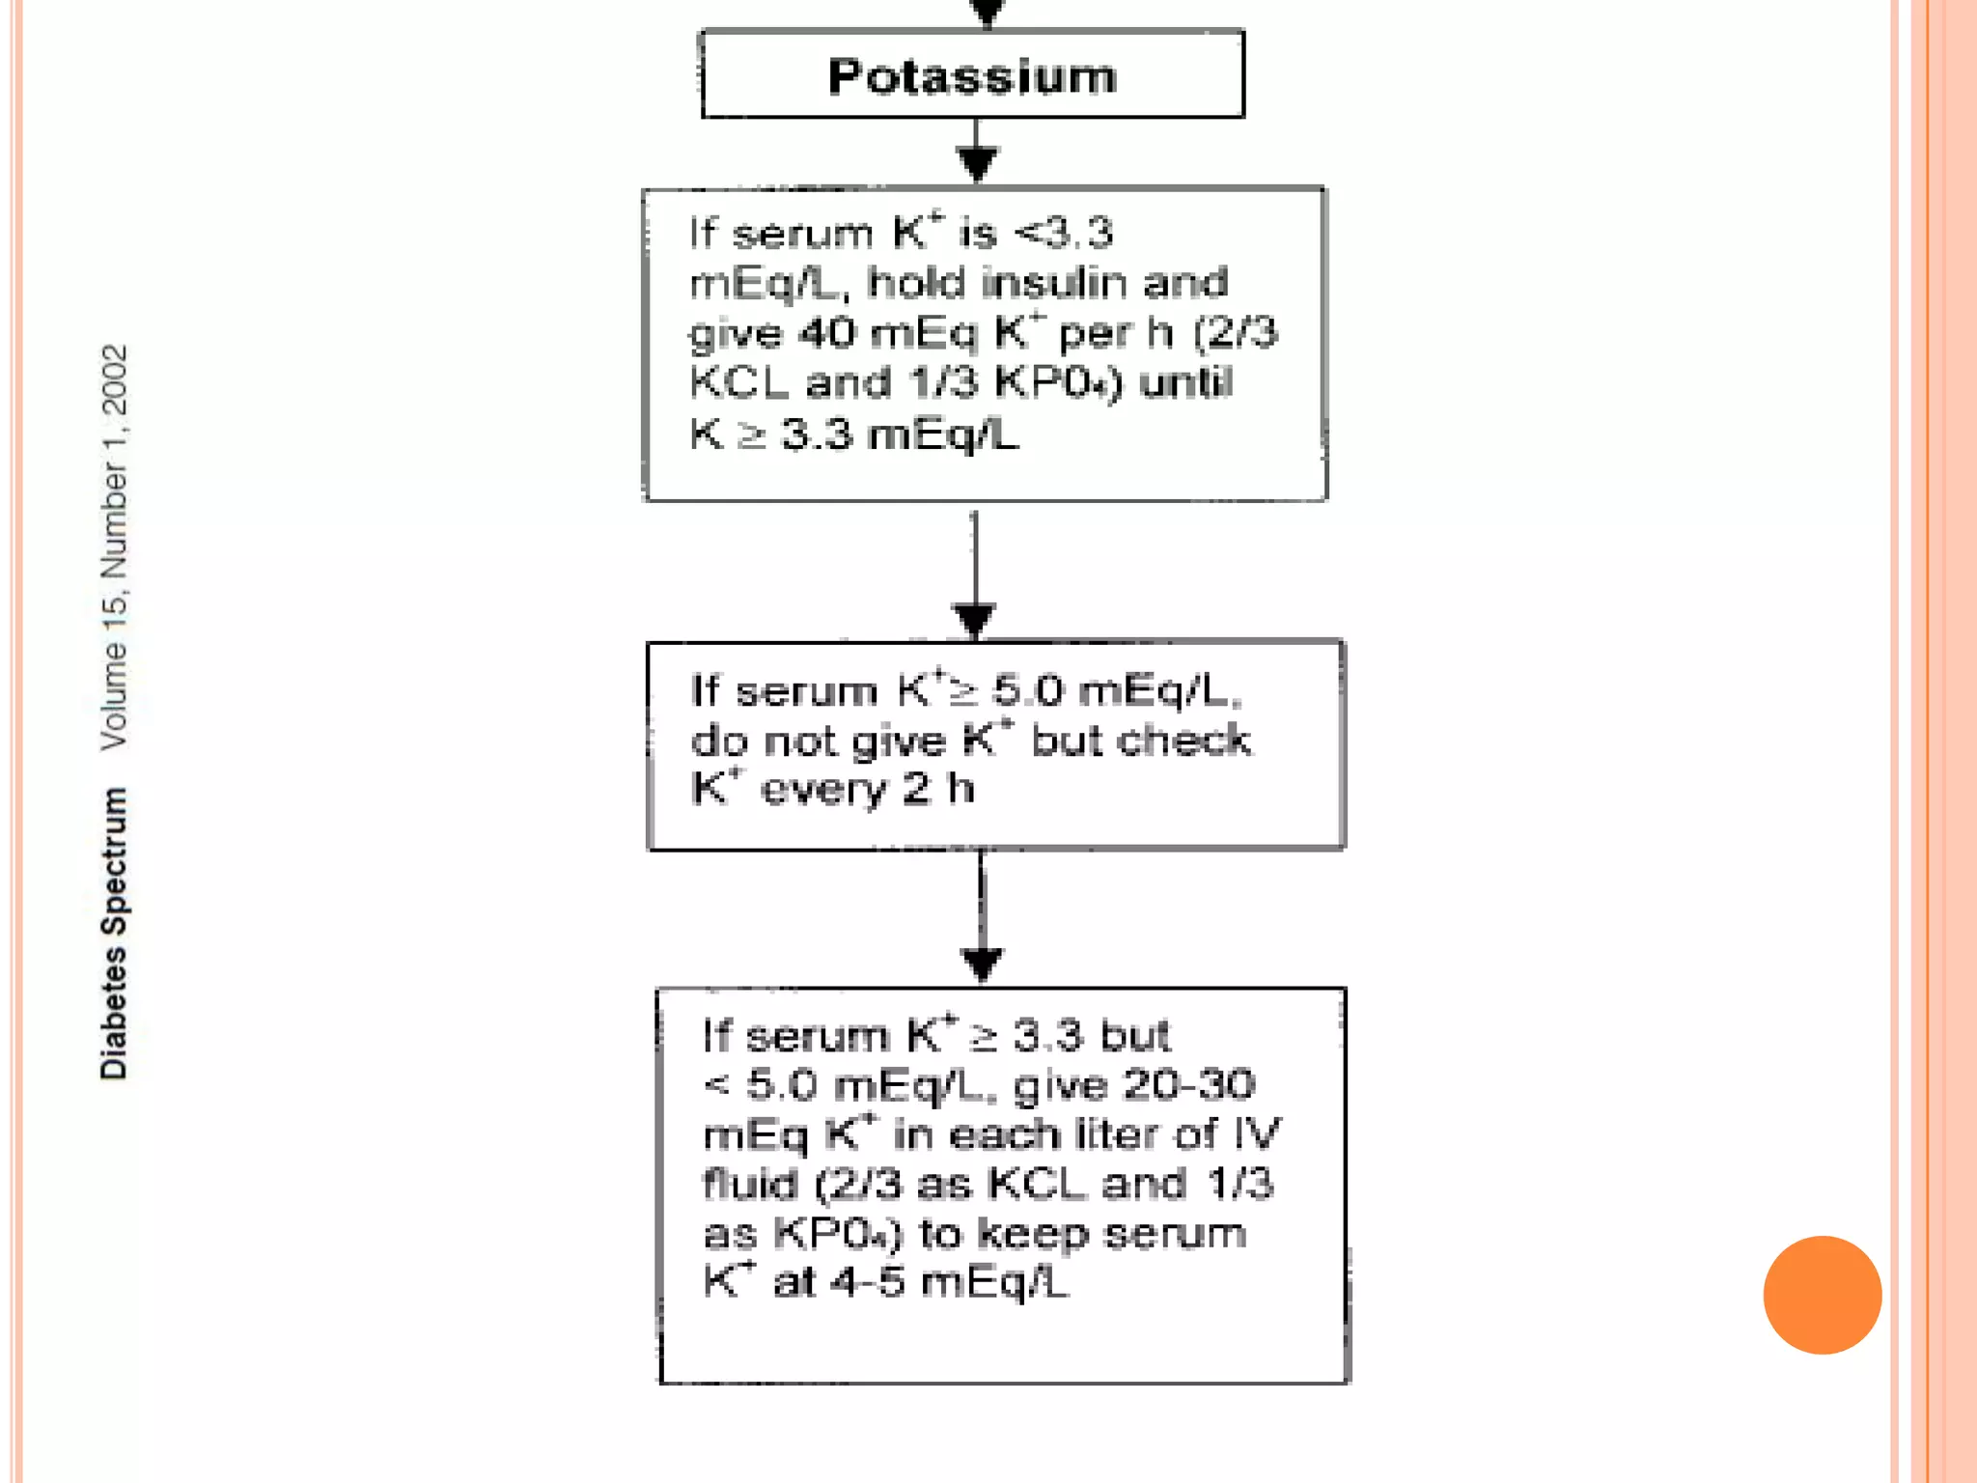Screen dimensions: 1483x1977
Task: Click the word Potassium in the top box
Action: [972, 76]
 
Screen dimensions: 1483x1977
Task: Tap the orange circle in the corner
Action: [1822, 1295]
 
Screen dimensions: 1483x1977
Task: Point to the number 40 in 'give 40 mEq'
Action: [827, 333]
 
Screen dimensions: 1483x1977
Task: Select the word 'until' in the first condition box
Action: [1185, 382]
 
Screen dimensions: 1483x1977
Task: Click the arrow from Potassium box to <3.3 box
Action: [977, 154]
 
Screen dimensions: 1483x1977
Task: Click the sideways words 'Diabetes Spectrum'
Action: [114, 933]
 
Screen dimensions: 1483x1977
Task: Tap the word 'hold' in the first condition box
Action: [916, 283]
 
